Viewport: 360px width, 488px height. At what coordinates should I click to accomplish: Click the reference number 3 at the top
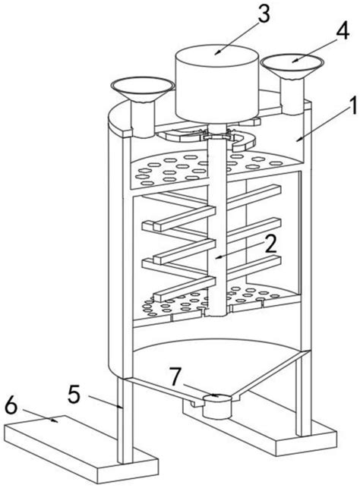264,14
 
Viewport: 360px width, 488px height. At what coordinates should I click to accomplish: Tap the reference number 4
341,30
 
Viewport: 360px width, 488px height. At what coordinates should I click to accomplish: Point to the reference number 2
270,244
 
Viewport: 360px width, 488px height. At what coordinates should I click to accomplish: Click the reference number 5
74,395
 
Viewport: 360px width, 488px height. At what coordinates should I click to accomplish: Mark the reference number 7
175,376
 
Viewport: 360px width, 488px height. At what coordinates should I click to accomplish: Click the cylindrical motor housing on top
217,83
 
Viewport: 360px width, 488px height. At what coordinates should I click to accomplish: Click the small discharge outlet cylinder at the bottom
217,406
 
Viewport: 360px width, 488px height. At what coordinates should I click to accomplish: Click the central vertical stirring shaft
217,224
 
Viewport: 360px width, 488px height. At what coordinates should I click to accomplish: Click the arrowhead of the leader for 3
216,52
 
